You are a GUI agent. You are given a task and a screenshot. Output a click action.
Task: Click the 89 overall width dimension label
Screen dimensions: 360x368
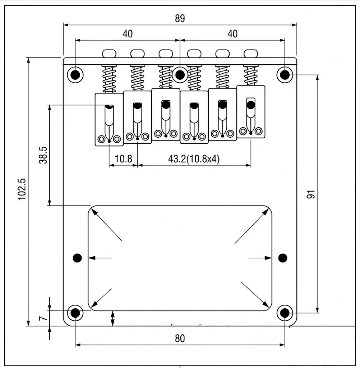pos(180,18)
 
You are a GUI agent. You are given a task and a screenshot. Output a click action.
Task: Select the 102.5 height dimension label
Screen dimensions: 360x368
pos(22,189)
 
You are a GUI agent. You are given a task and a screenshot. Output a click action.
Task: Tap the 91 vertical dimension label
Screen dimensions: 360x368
pos(311,194)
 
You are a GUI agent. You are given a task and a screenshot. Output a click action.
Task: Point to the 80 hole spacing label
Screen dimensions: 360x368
pos(180,339)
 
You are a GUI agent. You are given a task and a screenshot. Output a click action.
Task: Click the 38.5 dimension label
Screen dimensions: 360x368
pos(43,155)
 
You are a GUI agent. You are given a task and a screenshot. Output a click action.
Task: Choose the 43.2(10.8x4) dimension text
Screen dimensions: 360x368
pos(194,159)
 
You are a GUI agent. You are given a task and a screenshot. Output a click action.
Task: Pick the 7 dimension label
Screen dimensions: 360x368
pos(43,318)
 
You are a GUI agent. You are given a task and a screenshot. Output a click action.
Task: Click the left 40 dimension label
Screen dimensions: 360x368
pos(128,34)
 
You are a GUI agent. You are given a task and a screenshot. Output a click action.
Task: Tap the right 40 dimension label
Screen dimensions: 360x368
pos(232,34)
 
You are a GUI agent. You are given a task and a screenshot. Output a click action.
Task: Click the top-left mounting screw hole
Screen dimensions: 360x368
pos(75,75)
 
